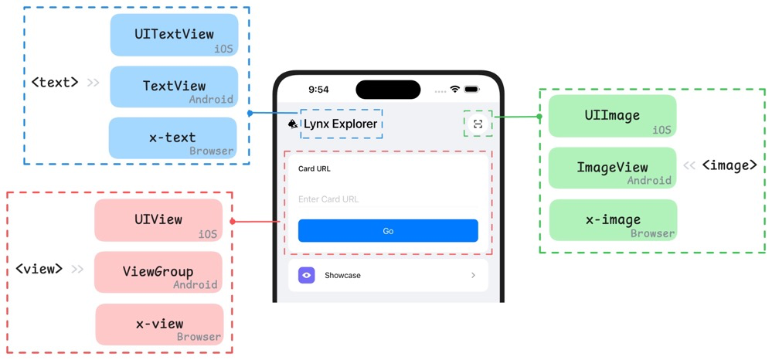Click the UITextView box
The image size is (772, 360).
174,35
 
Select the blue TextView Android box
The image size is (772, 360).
174,87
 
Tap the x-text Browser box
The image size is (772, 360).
172,138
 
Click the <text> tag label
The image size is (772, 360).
54,82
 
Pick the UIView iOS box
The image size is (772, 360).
158,220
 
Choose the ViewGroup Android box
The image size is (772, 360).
158,272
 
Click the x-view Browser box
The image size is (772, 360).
159,324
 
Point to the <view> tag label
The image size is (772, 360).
39,269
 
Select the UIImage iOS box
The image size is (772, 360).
612,116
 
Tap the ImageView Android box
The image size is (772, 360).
612,168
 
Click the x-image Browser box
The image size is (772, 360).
613,220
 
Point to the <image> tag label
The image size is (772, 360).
729,165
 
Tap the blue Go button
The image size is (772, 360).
388,231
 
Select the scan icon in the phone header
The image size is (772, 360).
478,124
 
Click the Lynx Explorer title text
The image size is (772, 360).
340,124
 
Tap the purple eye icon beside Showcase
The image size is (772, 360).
307,275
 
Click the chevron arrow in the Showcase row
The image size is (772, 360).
473,275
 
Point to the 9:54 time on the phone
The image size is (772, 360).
318,90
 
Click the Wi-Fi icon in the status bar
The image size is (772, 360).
454,90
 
